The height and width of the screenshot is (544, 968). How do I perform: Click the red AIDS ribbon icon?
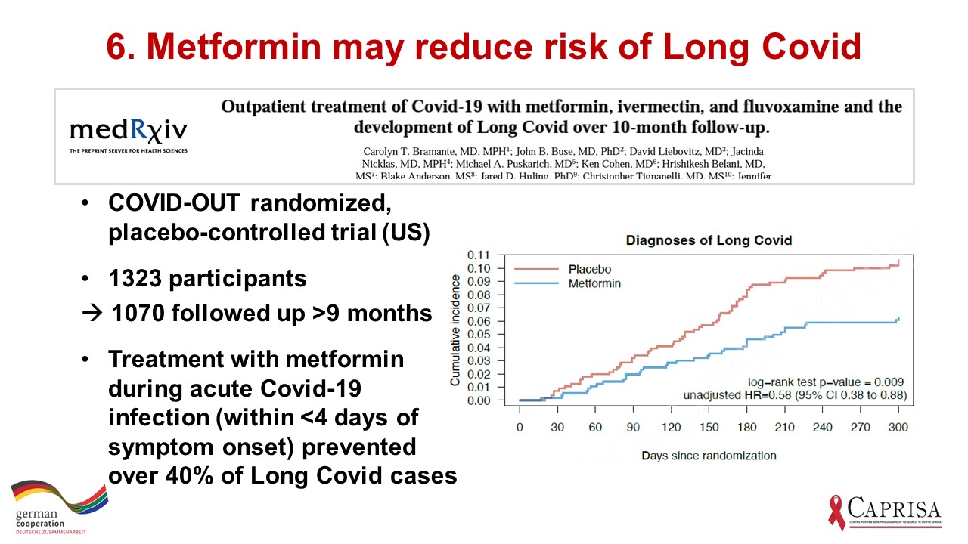tap(837, 512)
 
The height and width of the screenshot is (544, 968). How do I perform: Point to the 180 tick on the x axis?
tap(747, 428)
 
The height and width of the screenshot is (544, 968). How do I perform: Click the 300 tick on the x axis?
tap(898, 428)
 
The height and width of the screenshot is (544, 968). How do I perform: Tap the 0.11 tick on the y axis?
tap(479, 255)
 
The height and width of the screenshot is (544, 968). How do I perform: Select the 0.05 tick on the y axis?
tap(479, 335)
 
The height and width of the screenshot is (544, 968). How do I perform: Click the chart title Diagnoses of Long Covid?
tap(709, 240)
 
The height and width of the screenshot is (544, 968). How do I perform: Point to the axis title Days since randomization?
tap(709, 455)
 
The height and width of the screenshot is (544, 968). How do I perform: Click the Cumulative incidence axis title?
tap(455, 329)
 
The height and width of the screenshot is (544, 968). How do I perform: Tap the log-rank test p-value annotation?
tap(826, 382)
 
